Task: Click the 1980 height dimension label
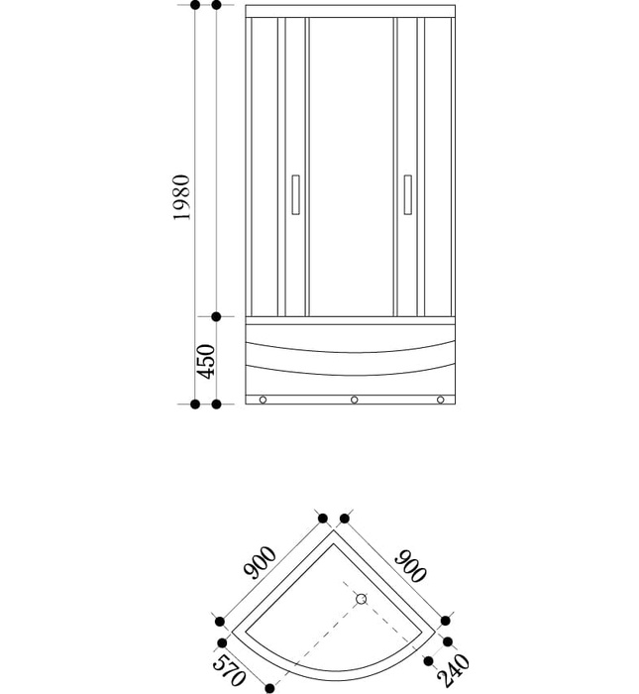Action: (x=180, y=198)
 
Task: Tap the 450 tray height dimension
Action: (x=205, y=362)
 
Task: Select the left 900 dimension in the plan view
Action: (x=261, y=562)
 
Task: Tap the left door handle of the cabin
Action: (x=295, y=195)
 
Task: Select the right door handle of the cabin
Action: (x=406, y=195)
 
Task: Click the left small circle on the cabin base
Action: (x=264, y=401)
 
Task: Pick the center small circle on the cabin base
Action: (x=353, y=401)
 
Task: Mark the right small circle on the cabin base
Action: (x=441, y=401)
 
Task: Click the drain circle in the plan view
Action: (x=362, y=599)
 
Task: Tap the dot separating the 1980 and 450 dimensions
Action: (x=216, y=317)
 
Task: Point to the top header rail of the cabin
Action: (x=352, y=11)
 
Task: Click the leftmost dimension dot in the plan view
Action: (x=219, y=622)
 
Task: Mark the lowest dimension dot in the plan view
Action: (x=268, y=686)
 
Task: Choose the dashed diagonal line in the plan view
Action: (x=317, y=635)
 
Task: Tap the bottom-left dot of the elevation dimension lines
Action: (x=195, y=405)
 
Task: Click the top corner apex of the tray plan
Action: (x=333, y=530)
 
